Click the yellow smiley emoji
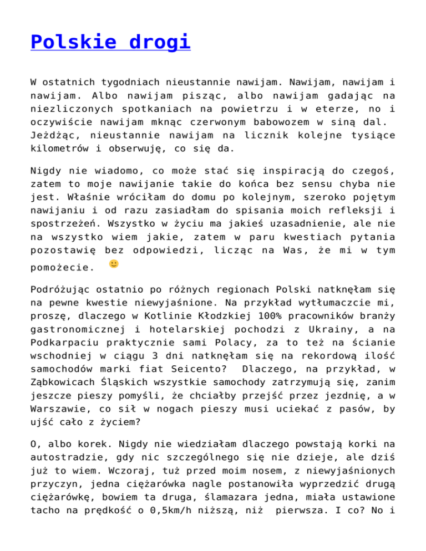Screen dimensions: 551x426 coord(114,264)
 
